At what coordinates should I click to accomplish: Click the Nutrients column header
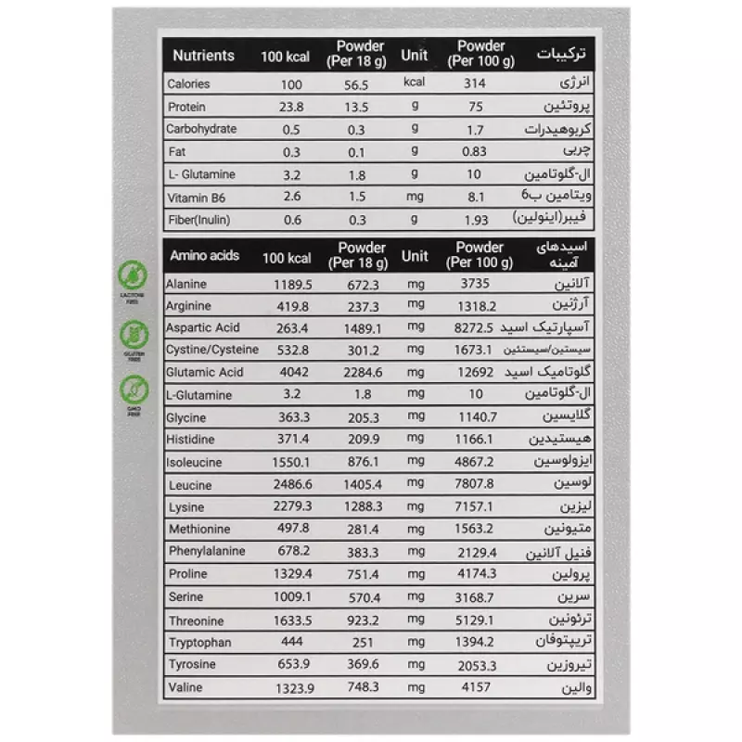tap(204, 55)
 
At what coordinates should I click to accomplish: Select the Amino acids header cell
tap(203, 256)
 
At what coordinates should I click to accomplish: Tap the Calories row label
tap(188, 84)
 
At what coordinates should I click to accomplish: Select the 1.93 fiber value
tap(475, 220)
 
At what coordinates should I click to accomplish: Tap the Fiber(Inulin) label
tap(198, 220)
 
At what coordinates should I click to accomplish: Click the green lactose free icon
tap(133, 275)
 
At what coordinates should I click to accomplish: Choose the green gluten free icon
tap(133, 333)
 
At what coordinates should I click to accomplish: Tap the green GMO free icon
tap(133, 389)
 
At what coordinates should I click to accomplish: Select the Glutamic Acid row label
tap(205, 373)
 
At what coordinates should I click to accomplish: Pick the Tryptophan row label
tap(200, 643)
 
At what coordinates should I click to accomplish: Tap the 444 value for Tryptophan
tap(290, 643)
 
